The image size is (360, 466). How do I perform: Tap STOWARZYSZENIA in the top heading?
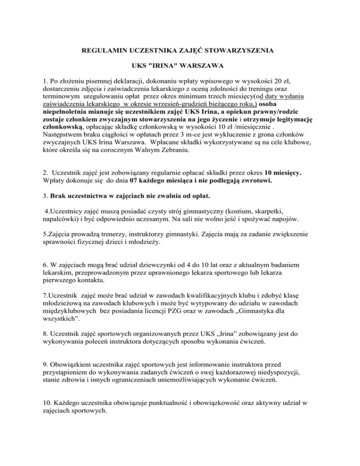click(244, 49)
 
